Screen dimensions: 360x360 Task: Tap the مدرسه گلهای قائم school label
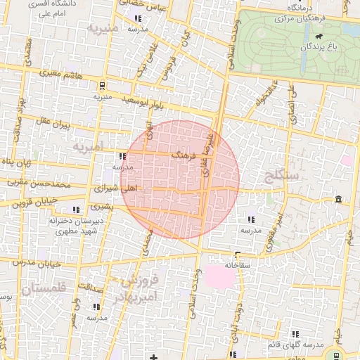coord(295,345)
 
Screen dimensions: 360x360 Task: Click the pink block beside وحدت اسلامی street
coord(217,276)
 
